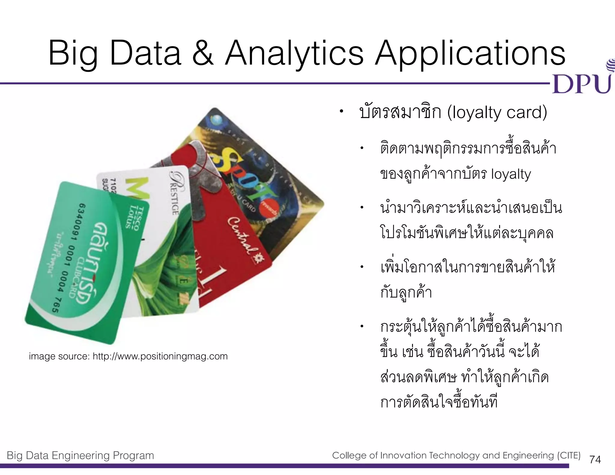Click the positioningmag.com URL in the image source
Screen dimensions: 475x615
pyautogui.click(x=160, y=356)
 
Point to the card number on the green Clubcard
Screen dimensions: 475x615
pyautogui.click(x=69, y=258)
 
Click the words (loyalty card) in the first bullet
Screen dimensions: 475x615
pyautogui.click(x=497, y=113)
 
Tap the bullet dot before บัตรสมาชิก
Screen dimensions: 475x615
pyautogui.click(x=341, y=112)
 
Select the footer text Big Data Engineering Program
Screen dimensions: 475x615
pyautogui.click(x=80, y=455)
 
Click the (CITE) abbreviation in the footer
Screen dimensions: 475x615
pyautogui.click(x=569, y=455)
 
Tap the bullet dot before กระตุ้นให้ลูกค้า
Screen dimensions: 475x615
pyautogui.click(x=362, y=326)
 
